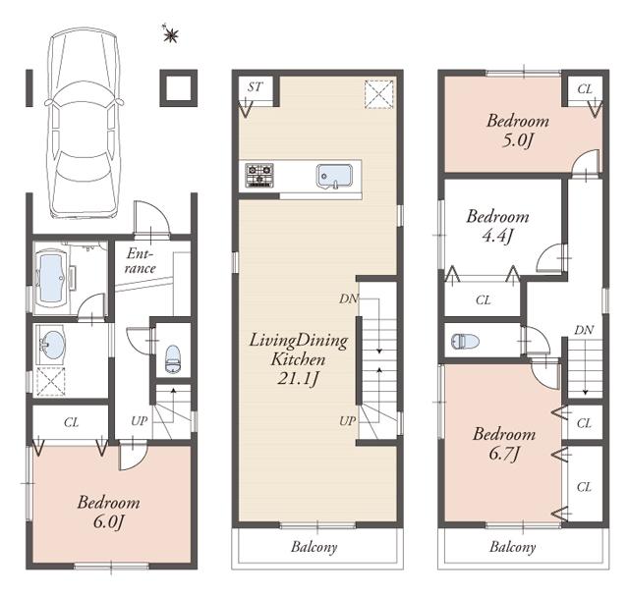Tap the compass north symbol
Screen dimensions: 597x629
[x=171, y=36]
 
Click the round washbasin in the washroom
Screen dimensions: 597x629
[x=52, y=347]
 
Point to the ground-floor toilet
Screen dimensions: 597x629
[x=173, y=358]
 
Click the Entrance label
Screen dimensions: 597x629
[x=142, y=261]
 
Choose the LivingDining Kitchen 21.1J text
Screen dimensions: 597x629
[x=297, y=358]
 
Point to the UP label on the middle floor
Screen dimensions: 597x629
[x=348, y=420]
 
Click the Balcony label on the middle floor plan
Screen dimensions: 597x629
[x=314, y=547]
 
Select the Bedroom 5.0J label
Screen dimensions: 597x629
[x=517, y=130]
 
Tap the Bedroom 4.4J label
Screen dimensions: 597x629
[x=496, y=225]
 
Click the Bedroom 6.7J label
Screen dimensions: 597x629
[x=503, y=442]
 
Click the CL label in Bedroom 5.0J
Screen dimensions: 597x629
[x=585, y=89]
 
